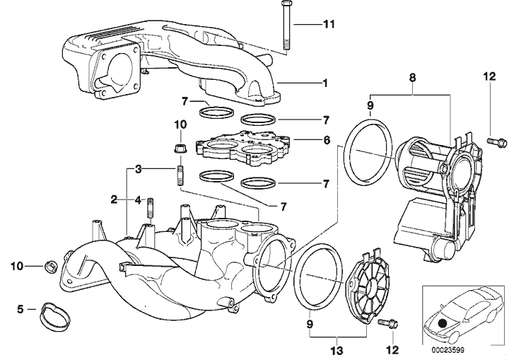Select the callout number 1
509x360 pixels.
coord(326,83)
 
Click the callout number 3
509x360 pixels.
coord(140,170)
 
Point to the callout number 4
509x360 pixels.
coord(139,200)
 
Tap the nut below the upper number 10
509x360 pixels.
coord(179,149)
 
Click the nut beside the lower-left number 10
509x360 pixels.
coord(49,266)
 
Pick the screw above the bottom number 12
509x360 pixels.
coord(386,325)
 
